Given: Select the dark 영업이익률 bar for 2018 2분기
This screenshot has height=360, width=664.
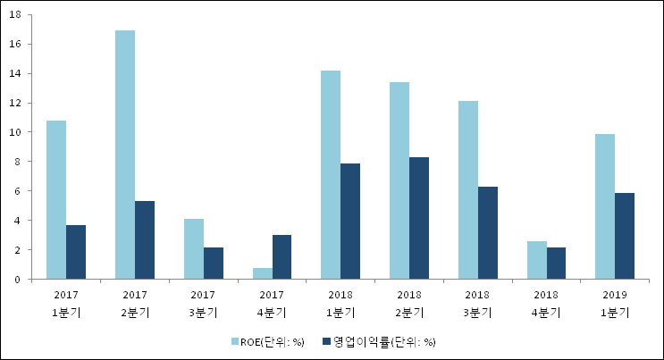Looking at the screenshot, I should (419, 218).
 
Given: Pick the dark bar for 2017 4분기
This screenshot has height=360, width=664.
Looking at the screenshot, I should (282, 257).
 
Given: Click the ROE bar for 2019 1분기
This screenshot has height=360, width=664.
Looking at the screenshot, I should (605, 206).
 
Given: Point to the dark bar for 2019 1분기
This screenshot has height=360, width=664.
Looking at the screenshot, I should (625, 236).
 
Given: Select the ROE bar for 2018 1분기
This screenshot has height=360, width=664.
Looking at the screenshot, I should (331, 175).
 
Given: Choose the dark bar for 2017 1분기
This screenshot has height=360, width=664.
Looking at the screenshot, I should (76, 252).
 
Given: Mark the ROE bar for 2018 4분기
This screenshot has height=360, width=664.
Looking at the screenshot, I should (537, 260).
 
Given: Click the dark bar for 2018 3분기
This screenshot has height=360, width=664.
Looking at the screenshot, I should (488, 233).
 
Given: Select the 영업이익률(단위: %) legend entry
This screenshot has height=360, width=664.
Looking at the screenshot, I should (384, 341).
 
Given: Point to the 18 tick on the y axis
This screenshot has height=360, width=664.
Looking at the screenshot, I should (15, 14).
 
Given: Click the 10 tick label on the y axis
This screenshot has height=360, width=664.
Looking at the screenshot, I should (15, 132).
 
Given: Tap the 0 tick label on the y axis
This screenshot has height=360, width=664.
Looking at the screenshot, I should (19, 280).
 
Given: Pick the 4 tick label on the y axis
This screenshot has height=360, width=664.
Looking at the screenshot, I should (19, 221).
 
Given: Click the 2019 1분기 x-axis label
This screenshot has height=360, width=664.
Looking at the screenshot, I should (615, 303).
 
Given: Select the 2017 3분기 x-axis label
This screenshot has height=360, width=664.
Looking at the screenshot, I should (203, 303).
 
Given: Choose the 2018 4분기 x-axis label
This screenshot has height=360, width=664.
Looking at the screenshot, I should (546, 303).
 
